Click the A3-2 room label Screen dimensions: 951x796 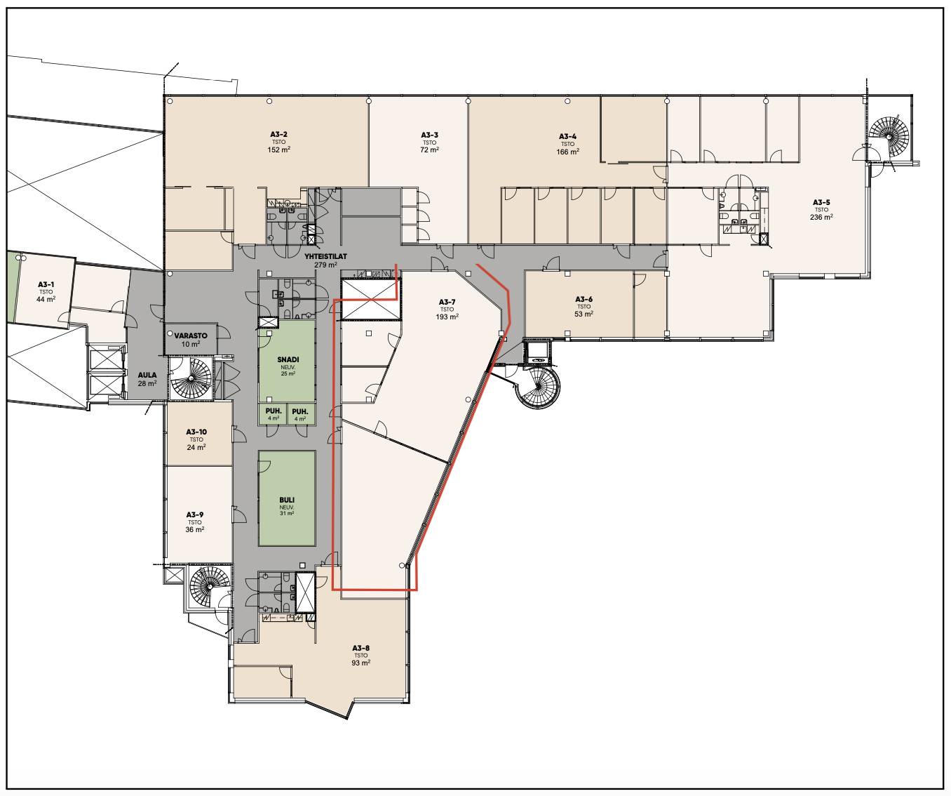[x=278, y=135]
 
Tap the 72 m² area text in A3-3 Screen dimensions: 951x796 [x=429, y=150]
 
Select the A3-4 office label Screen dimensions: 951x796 [x=568, y=136]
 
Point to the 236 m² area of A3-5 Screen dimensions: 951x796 [x=821, y=217]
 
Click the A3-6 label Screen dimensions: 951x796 [x=584, y=299]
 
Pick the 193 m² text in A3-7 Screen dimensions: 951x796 [x=447, y=317]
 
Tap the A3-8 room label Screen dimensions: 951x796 [x=360, y=648]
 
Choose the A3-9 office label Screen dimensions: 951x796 [x=195, y=515]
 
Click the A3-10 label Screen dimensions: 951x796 [x=196, y=432]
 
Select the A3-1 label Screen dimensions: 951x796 [x=46, y=284]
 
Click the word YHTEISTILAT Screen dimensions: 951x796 [x=325, y=257]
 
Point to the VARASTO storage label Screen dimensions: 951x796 [x=191, y=336]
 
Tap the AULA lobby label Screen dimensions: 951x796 [x=147, y=376]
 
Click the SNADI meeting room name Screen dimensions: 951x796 [x=288, y=359]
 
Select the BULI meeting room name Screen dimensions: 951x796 [x=287, y=500]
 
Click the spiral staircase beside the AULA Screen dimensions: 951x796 [x=190, y=378]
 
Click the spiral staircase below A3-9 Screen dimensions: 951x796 [x=210, y=585]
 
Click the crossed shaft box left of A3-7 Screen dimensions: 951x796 [x=371, y=300]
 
